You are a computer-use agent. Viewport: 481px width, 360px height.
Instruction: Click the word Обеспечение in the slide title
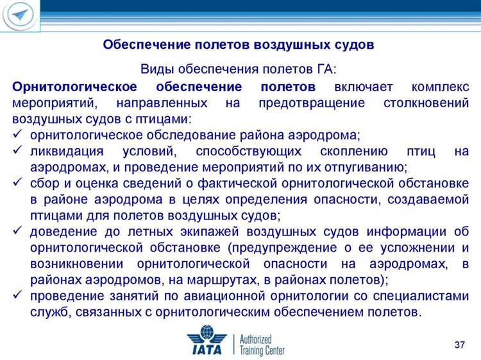(142, 46)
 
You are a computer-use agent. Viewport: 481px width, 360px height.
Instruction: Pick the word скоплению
(351, 151)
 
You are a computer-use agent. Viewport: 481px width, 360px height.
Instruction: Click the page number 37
(459, 346)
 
